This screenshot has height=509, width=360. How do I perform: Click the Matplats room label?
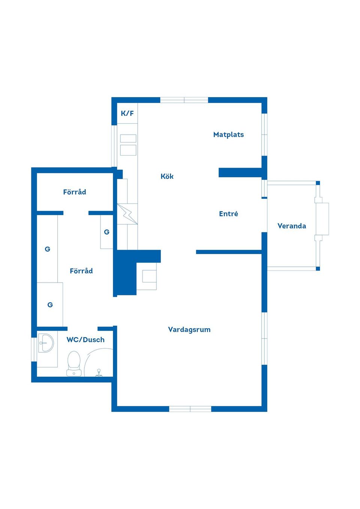click(x=228, y=135)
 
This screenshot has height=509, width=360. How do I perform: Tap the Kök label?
click(x=167, y=176)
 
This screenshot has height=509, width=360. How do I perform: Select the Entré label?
click(x=228, y=214)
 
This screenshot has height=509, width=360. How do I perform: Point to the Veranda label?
click(x=292, y=226)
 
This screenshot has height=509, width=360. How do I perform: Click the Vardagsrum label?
click(x=189, y=329)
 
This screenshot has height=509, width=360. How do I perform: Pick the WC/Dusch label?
click(x=85, y=340)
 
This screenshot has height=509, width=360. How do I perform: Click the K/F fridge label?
click(x=127, y=113)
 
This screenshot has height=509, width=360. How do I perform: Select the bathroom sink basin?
click(x=46, y=343)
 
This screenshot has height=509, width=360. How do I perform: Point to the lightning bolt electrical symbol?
click(x=127, y=214)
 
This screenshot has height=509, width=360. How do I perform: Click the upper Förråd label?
click(x=75, y=192)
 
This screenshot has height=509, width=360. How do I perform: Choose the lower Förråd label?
click(x=81, y=271)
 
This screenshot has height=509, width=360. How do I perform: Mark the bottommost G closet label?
click(x=50, y=305)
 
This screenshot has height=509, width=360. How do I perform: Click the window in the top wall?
click(x=184, y=100)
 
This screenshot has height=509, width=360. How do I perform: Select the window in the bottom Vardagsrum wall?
click(x=190, y=409)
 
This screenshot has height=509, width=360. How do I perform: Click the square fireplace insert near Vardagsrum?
click(x=149, y=276)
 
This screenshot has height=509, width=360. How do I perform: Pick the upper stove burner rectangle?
click(x=128, y=138)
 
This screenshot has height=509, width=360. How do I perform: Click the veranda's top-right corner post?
click(x=318, y=183)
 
